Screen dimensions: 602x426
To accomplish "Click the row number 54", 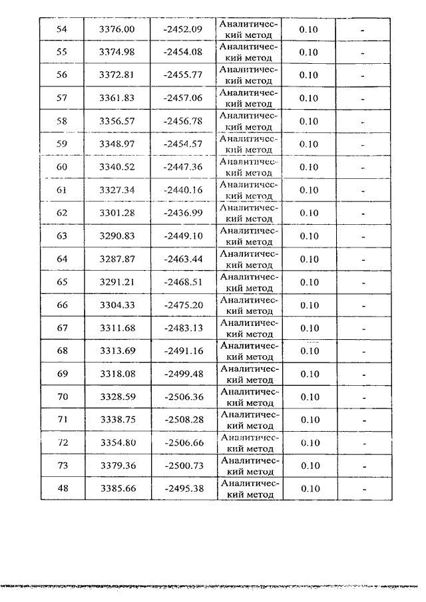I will click(x=63, y=29).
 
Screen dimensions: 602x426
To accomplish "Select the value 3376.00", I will click(x=116, y=29).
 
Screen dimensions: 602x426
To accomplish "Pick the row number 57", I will click(x=63, y=98).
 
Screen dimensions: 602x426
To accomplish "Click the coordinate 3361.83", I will click(x=116, y=98).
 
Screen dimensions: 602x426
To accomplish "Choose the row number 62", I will click(x=63, y=214).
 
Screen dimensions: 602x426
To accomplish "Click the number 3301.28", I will click(x=116, y=214).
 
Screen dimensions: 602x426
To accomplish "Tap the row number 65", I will click(x=63, y=282).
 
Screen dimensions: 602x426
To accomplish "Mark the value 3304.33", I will click(x=116, y=305).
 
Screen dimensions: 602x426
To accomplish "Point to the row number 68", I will click(x=63, y=351).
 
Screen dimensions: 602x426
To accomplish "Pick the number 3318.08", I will click(x=116, y=374).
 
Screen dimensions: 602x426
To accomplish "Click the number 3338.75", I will click(x=116, y=420).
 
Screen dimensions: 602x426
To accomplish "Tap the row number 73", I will click(x=63, y=466).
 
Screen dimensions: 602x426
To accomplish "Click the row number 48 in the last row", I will click(x=63, y=489).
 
